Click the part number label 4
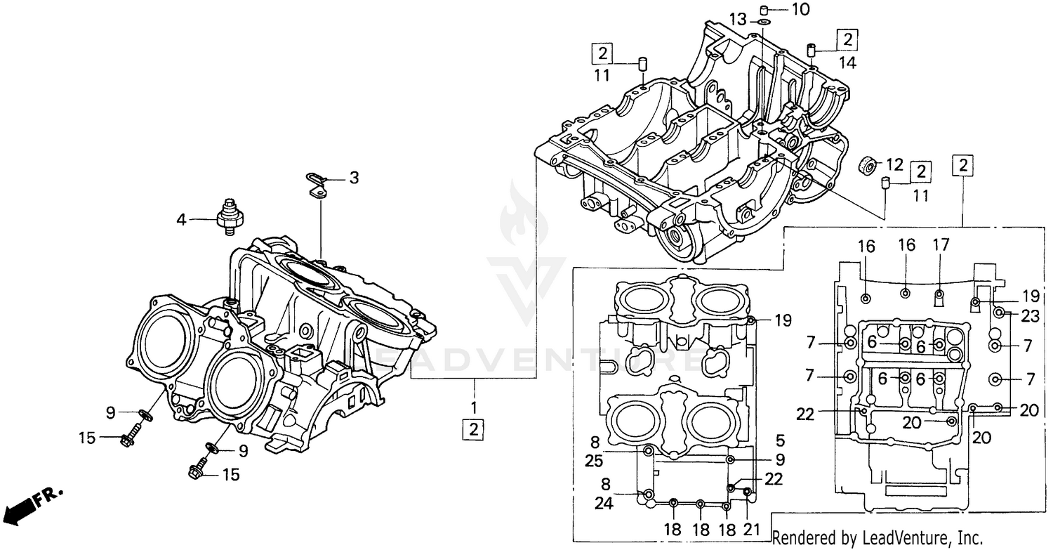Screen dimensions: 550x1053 (181, 220)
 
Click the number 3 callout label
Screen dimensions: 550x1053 (354, 178)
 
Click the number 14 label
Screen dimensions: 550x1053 (847, 62)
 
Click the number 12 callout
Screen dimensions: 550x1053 (894, 165)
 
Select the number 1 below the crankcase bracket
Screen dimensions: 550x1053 (474, 407)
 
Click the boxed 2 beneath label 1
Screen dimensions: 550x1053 (474, 429)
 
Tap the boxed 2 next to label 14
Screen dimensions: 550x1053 (847, 39)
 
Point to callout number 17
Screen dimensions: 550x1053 (941, 245)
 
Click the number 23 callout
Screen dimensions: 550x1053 (1029, 317)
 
